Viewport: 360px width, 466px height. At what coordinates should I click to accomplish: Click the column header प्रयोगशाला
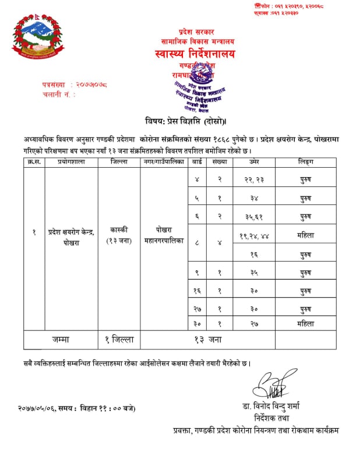pos(71,161)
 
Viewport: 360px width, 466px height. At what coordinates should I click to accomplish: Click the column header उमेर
pos(254,161)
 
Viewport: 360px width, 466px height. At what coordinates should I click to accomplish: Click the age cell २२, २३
pos(255,180)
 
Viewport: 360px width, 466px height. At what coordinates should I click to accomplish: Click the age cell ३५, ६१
pos(255,217)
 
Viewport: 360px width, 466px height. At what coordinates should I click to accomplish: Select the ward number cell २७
pos(199,307)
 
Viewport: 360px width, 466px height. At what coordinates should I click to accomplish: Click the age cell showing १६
pos(255,254)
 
